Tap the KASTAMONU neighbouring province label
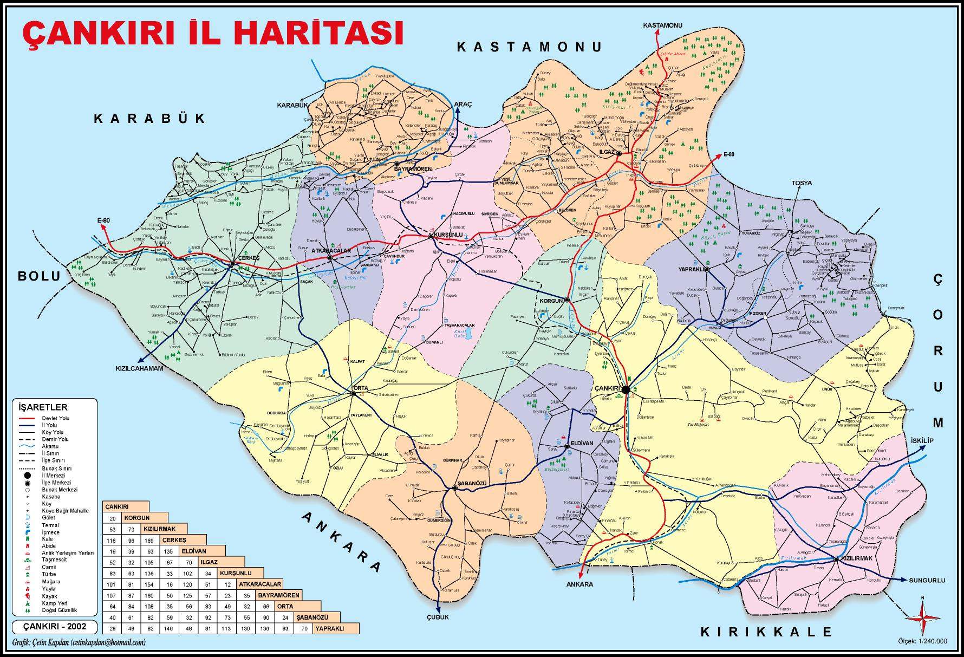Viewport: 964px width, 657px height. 529,47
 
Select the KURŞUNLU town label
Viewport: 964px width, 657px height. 448,235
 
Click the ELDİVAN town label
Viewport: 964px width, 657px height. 583,443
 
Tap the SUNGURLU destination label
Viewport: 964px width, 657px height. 927,580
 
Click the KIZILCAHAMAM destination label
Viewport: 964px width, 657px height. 139,368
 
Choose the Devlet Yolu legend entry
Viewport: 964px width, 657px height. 55,418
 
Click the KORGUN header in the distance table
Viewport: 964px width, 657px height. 136,517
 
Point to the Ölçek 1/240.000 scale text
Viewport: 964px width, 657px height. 922,641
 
